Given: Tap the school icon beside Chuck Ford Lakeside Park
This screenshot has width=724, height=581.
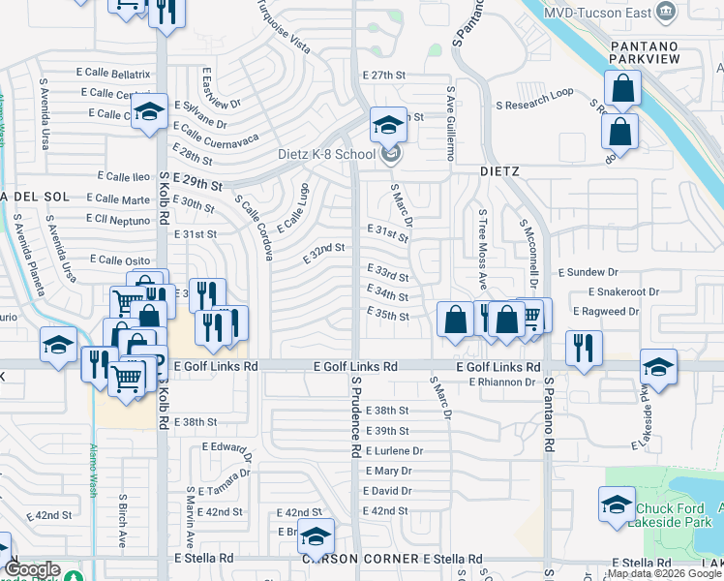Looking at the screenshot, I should click(617, 505).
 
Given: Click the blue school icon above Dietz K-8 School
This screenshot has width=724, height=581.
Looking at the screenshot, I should click(388, 126).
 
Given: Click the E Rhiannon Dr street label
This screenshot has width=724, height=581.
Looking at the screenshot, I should click(502, 382).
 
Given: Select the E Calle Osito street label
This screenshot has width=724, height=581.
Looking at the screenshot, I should click(119, 260).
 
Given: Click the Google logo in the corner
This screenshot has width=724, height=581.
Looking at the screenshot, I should click(33, 569).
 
